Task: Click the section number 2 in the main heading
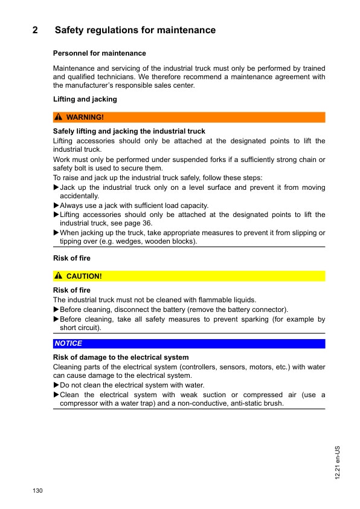pyautogui.click(x=36, y=30)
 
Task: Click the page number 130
pyautogui.click(x=37, y=490)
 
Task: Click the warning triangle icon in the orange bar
pyautogui.click(x=59, y=117)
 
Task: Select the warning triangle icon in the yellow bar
pyautogui.click(x=59, y=276)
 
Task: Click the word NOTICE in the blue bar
pyautogui.click(x=68, y=343)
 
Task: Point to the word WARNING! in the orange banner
pyautogui.click(x=85, y=117)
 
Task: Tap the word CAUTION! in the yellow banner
pyautogui.click(x=84, y=276)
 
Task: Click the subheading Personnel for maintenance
pyautogui.click(x=100, y=53)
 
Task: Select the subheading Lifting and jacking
pyautogui.click(x=85, y=99)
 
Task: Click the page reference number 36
pyautogui.click(x=147, y=224)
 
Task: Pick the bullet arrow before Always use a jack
pyautogui.click(x=56, y=206)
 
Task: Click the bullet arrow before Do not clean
pyautogui.click(x=56, y=385)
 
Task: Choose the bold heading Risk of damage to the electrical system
pyautogui.click(x=121, y=357)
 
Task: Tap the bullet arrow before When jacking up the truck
pyautogui.click(x=56, y=233)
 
